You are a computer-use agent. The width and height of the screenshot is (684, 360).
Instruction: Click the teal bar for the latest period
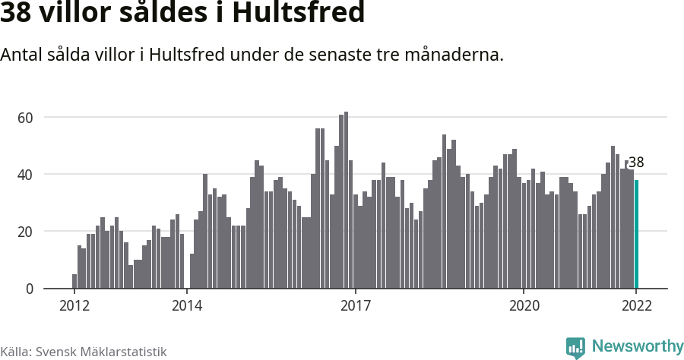(x=636, y=234)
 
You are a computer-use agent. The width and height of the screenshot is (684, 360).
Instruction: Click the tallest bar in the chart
(x=346, y=201)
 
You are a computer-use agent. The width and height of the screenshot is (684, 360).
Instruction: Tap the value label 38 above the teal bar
(x=636, y=163)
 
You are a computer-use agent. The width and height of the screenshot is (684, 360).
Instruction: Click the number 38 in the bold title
(x=17, y=13)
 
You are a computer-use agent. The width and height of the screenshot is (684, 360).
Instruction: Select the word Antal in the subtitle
(x=22, y=55)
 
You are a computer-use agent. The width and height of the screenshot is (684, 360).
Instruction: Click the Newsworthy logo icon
(x=575, y=348)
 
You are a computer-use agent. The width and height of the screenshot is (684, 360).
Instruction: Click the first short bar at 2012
(x=74, y=281)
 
